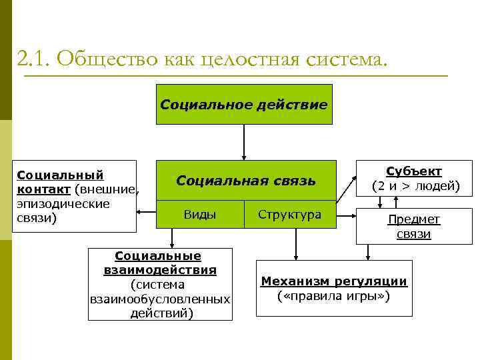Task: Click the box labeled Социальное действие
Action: tap(244, 105)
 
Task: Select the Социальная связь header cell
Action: tap(246, 181)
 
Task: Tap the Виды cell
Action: tap(199, 215)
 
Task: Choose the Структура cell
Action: tap(289, 215)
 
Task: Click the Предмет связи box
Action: tap(414, 227)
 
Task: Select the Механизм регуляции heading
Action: tap(334, 281)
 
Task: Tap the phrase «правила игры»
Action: tap(334, 295)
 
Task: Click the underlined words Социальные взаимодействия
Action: tap(160, 263)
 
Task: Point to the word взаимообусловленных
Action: tap(160, 299)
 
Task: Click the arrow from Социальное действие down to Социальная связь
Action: tap(244, 142)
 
